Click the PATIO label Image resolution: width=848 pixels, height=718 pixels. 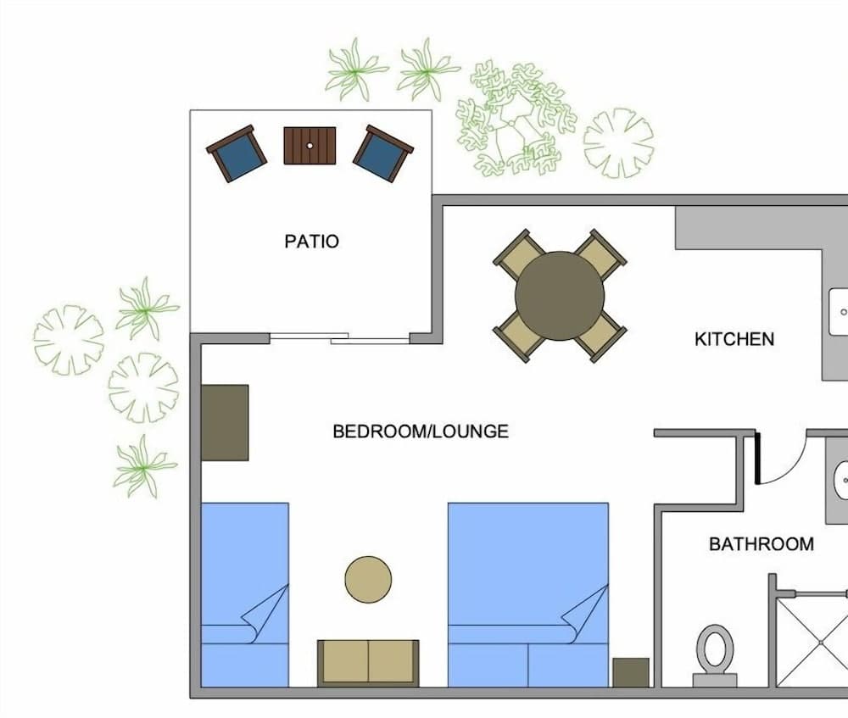click(311, 242)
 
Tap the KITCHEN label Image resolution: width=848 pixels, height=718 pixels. click(734, 339)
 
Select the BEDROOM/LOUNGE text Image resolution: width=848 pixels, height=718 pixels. click(421, 431)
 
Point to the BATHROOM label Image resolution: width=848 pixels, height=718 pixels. click(761, 544)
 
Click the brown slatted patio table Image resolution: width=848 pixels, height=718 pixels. click(310, 146)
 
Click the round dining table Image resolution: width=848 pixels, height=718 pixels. click(560, 296)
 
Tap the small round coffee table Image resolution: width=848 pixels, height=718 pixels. click(368, 580)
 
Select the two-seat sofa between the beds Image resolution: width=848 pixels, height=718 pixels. click(368, 662)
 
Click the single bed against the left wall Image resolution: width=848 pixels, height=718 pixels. click(244, 593)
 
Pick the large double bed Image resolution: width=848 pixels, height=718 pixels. click(527, 593)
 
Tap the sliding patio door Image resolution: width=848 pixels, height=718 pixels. click(339, 339)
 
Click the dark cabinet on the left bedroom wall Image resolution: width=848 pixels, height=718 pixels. click(225, 422)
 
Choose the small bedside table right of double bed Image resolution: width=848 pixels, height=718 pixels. click(630, 672)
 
